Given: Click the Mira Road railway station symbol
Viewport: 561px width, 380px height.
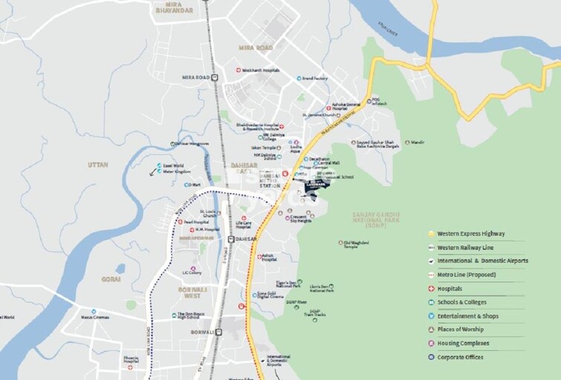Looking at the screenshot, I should [214, 77].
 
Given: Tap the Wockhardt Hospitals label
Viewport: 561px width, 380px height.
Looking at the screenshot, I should [260, 70].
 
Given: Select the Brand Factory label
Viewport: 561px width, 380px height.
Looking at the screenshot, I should [315, 78].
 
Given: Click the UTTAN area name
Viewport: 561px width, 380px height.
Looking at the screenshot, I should [98, 164].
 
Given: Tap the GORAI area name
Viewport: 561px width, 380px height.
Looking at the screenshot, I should [111, 279].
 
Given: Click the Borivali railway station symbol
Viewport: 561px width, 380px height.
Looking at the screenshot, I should [218, 332].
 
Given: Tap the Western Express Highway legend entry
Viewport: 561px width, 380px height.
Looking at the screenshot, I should [472, 234].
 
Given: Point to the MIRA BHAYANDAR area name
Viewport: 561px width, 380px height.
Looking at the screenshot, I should [174, 7].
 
